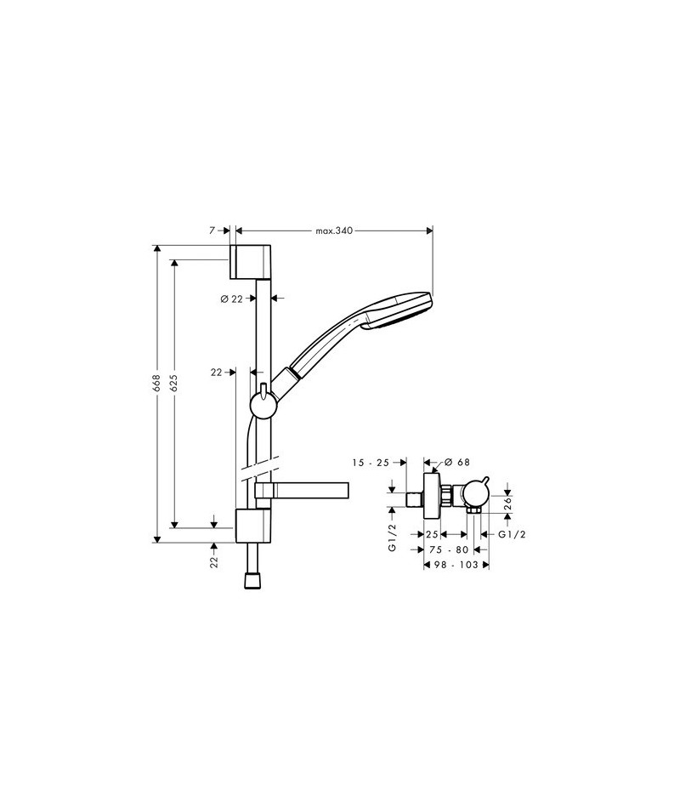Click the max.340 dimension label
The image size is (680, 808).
coord(334,230)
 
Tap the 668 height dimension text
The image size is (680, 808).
coord(156,384)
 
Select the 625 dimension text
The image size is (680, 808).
coord(173,384)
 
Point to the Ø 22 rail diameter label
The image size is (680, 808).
coord(231,299)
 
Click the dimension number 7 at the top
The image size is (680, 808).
coord(212,230)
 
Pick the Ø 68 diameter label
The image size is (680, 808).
coord(457,462)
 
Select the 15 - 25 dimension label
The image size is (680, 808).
coord(371,463)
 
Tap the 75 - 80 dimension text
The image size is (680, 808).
coord(449,549)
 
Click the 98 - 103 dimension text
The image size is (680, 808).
coord(456,565)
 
